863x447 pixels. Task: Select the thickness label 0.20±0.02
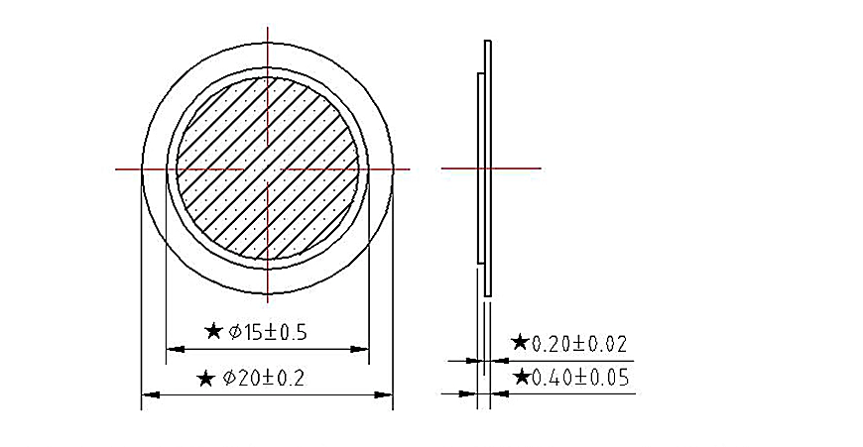580,344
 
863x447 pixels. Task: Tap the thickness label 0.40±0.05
580,378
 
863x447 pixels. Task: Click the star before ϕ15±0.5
212,331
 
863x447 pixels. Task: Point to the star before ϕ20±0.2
205,379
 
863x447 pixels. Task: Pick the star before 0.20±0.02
520,343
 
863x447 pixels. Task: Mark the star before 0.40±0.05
521,378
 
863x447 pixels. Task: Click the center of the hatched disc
268,168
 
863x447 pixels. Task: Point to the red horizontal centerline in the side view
516,168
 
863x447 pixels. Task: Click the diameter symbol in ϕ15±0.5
235,332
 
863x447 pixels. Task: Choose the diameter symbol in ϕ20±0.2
228,379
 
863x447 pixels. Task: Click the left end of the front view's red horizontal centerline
118,169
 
